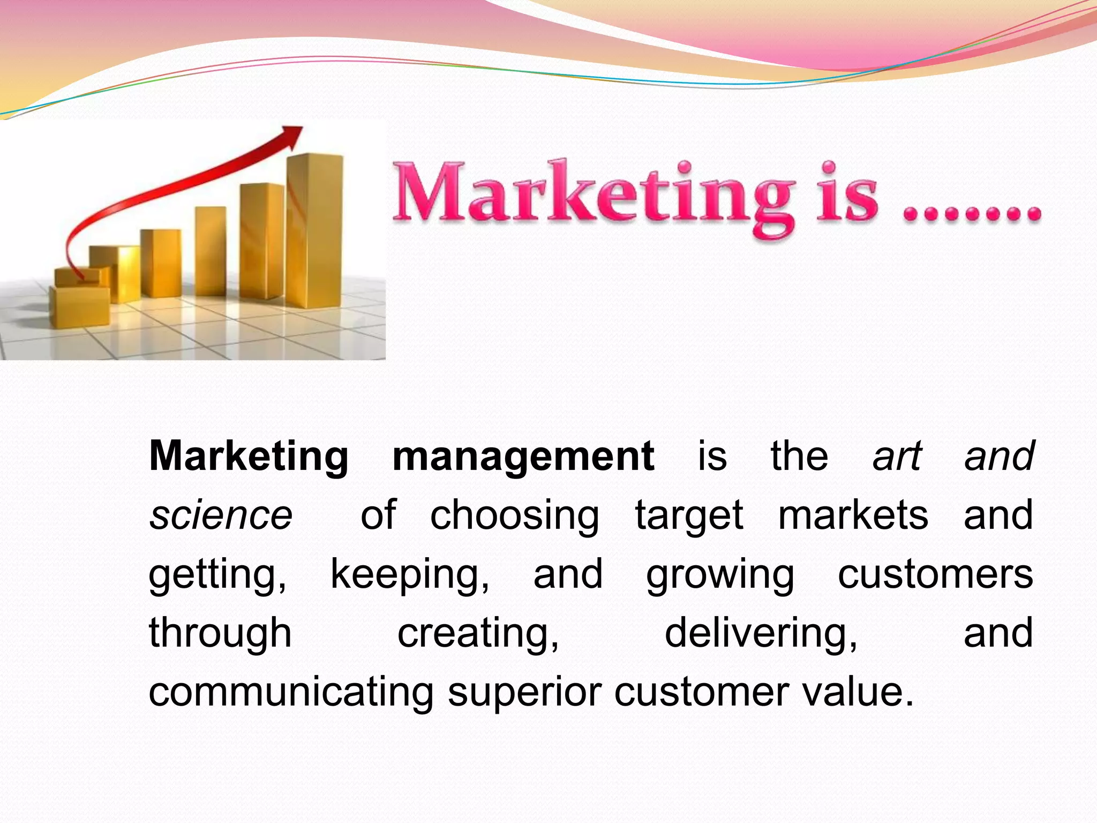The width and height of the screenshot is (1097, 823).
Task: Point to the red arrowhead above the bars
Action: pos(292,137)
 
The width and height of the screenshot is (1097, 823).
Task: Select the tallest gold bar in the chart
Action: pos(314,230)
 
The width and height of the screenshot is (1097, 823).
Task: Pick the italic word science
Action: pos(221,515)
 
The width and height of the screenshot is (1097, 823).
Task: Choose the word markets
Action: pos(853,515)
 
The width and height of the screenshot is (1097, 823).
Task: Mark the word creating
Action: pos(478,633)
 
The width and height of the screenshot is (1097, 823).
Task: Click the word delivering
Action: pos(760,633)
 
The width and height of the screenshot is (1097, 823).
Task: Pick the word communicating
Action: pos(291,692)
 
